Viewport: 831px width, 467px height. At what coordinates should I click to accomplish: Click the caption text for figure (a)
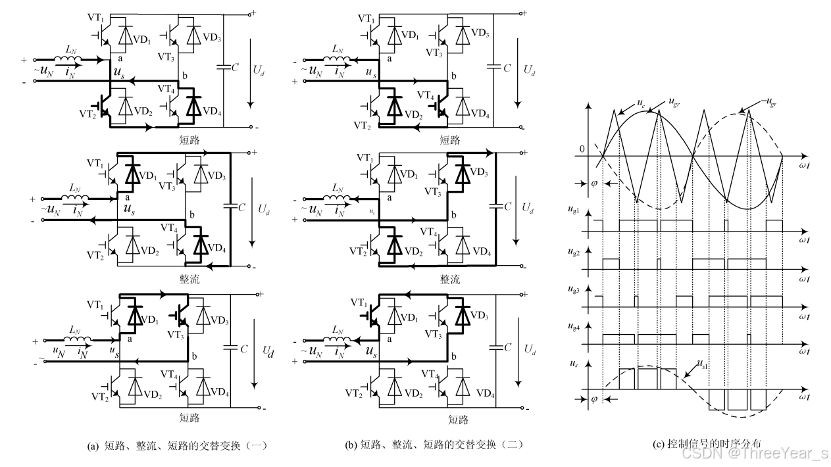click(177, 445)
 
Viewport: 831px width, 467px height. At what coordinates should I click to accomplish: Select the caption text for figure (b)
click(434, 445)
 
